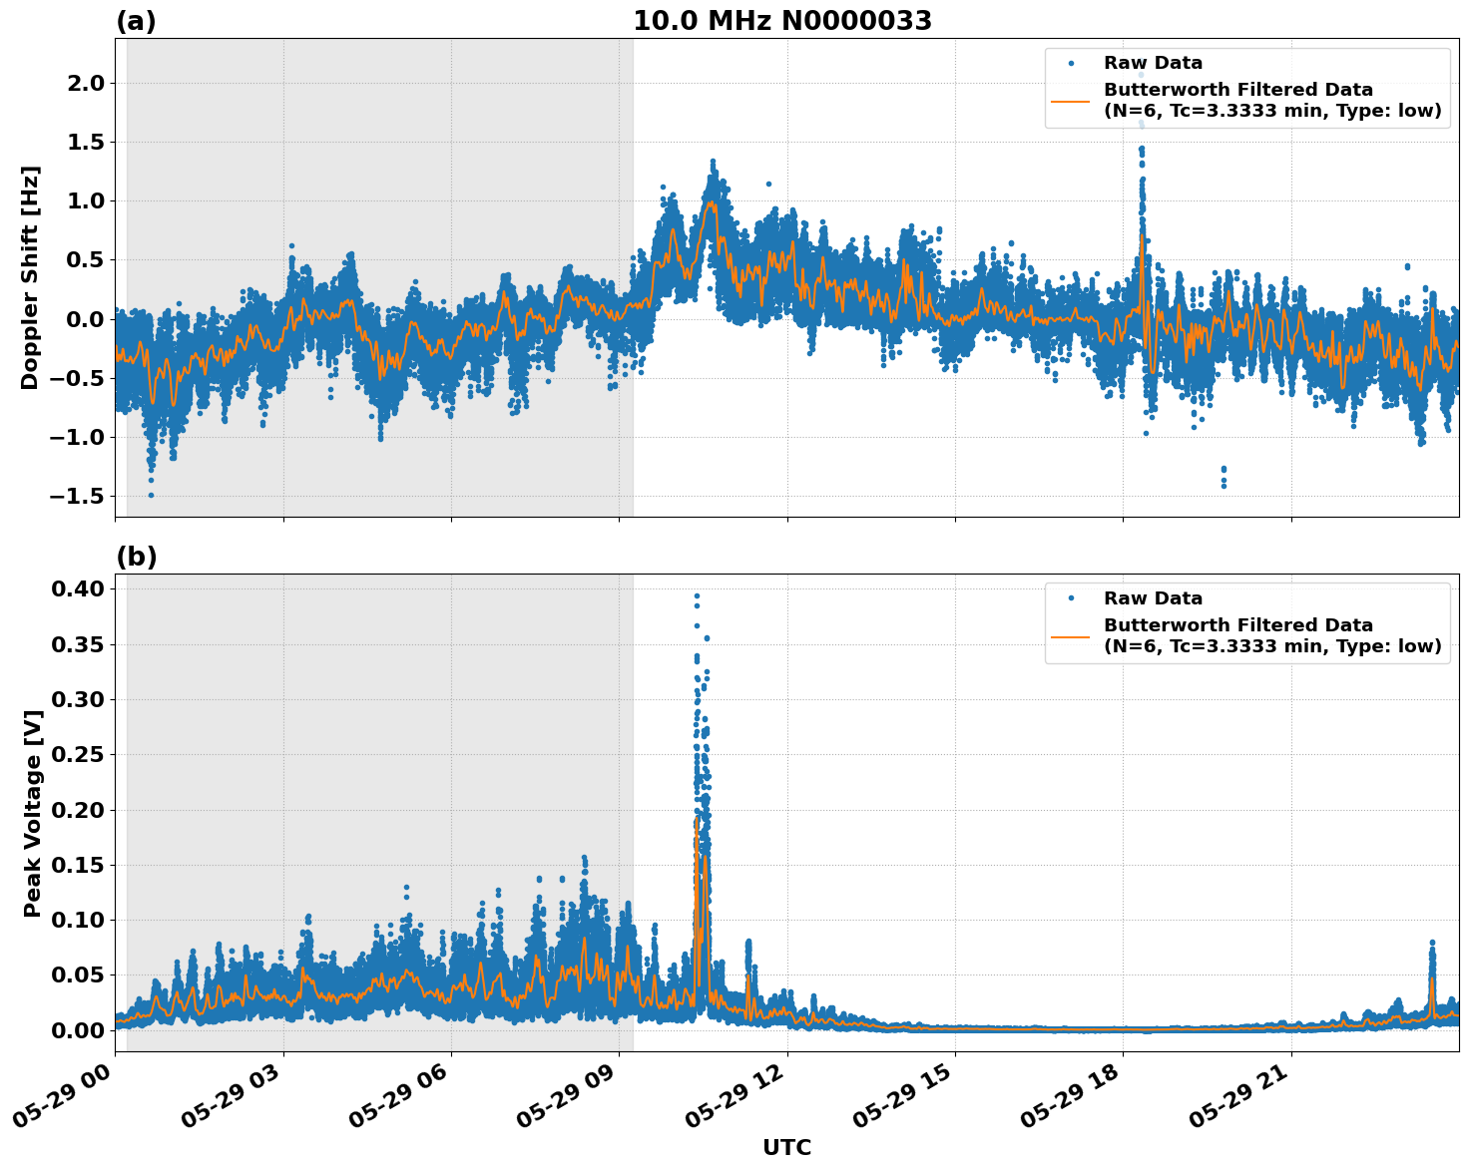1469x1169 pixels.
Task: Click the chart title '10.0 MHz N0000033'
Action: pos(781,21)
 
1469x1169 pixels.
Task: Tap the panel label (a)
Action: pos(136,21)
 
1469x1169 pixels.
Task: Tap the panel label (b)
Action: pos(136,557)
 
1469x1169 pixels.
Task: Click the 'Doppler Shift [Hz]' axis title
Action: pos(30,277)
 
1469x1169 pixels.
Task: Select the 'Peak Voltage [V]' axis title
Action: pos(33,813)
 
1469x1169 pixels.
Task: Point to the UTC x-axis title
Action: pos(786,1147)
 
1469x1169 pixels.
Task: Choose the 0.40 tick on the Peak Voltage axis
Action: pos(79,589)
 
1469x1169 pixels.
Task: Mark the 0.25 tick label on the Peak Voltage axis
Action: pos(79,755)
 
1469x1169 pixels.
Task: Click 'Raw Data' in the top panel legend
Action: pos(1153,63)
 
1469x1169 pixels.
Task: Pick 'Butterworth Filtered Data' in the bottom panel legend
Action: pos(1237,625)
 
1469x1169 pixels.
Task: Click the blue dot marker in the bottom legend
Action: pos(1071,598)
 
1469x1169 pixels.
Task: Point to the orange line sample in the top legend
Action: pos(1071,100)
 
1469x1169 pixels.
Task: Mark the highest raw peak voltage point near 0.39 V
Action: pos(697,596)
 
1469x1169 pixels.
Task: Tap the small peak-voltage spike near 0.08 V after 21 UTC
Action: pos(1432,943)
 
